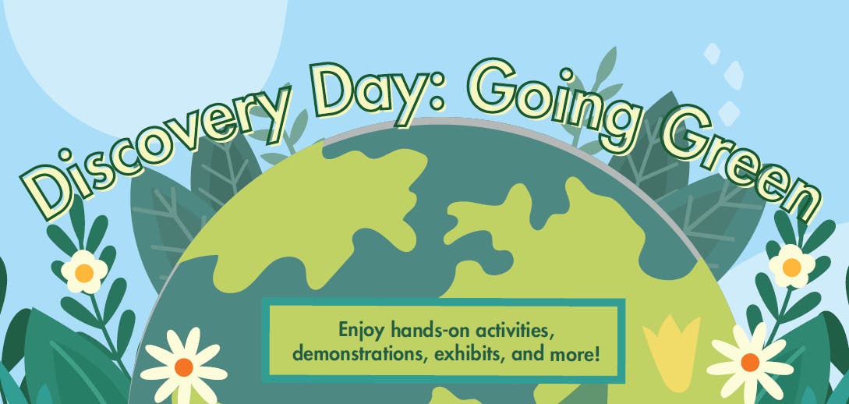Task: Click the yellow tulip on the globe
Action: tap(671, 346)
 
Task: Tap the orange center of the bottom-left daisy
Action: tap(183, 367)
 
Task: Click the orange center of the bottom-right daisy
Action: tap(750, 363)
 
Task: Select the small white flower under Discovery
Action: tap(84, 272)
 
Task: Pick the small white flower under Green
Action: tap(791, 267)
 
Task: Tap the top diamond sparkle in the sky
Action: tap(712, 54)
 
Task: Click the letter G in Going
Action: tap(490, 86)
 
